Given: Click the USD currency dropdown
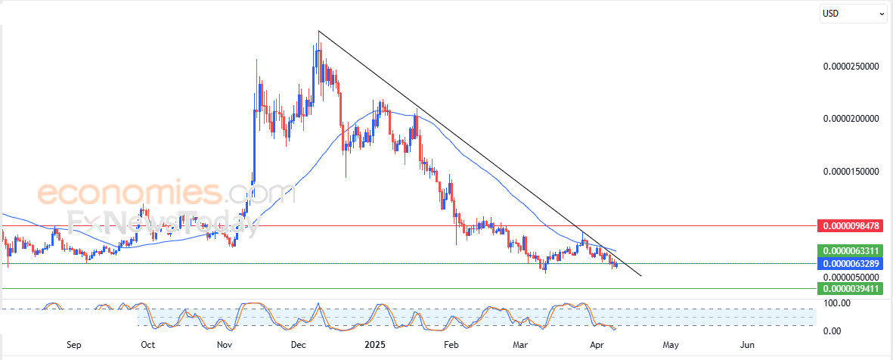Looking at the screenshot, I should coord(854,13).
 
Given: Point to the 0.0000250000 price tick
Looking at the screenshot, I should coord(851,67).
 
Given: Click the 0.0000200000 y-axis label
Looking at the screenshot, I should coord(851,119).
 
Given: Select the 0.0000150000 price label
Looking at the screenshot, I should coord(851,172).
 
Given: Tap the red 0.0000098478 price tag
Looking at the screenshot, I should coord(852,226).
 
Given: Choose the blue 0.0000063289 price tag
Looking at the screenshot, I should coord(852,263).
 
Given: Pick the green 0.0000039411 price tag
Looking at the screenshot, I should coord(852,288).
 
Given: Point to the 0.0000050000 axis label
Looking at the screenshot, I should coord(851,277).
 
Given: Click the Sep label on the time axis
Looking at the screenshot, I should coord(73,345).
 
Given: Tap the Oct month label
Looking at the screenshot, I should coord(147,345).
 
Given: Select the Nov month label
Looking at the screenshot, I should coord(225,345).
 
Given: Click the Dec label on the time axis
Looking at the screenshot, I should coord(299,345).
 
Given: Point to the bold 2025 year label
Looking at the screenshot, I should coord(376,345).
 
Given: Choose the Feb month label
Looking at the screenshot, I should coord(451,345).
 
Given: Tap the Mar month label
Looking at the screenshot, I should coord(520,345).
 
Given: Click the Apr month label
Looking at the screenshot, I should coord(596,345).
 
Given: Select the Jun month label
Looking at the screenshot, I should coord(747,345).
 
